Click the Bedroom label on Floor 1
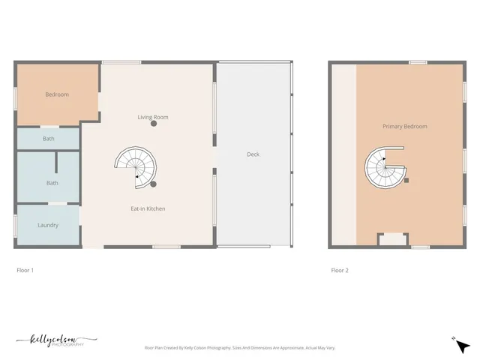point(57,94)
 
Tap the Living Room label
point(153,117)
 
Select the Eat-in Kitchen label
point(148,208)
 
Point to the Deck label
point(253,154)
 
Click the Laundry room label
point(48,225)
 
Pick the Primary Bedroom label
point(404,127)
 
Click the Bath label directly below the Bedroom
point(49,139)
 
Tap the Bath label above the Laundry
point(52,183)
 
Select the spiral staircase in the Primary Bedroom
point(385,166)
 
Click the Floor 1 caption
point(25,270)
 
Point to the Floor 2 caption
point(340,270)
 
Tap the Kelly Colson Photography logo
point(56,341)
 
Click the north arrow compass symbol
point(462,345)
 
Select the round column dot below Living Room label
point(154,124)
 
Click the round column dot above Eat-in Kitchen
point(153,183)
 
